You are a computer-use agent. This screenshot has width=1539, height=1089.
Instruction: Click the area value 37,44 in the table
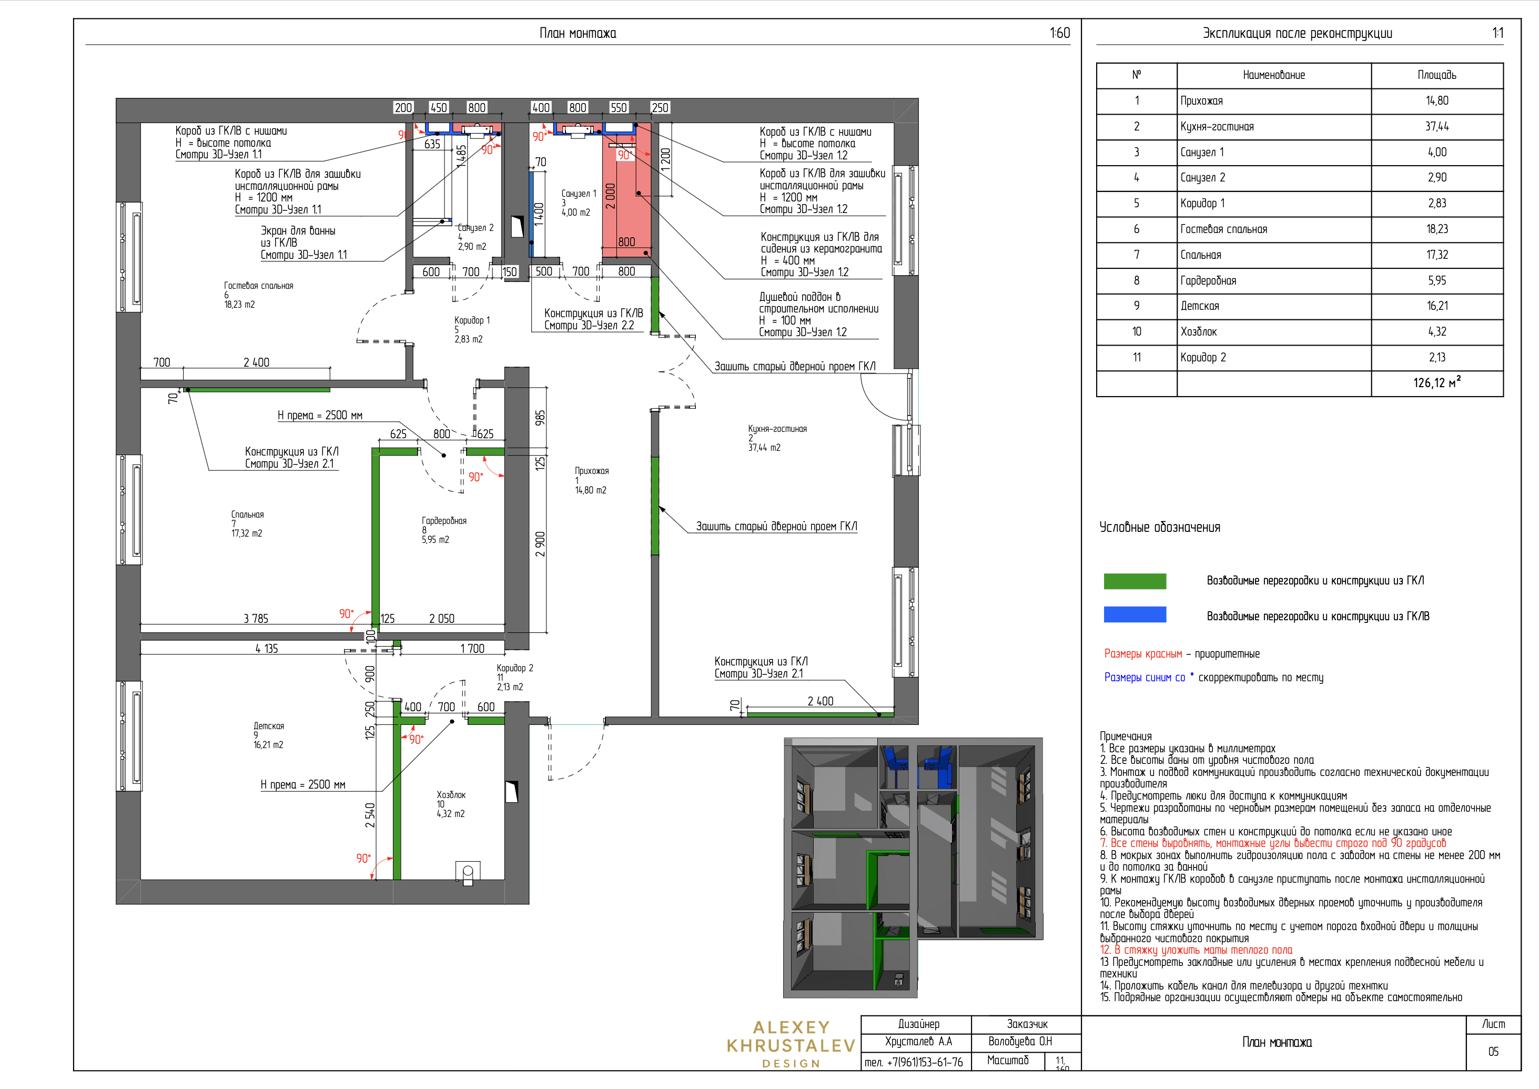click(x=1436, y=126)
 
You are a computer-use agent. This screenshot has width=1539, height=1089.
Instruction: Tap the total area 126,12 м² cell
click(x=1436, y=383)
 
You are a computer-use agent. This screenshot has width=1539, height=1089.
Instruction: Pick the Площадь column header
click(x=1436, y=75)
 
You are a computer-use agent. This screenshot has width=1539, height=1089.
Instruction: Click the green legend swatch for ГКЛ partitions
click(x=1135, y=581)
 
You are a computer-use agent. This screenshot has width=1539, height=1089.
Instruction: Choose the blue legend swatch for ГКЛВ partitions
click(x=1135, y=614)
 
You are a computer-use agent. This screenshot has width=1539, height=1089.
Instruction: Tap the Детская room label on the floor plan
click(x=269, y=725)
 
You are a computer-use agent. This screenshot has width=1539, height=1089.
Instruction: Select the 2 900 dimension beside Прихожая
click(x=540, y=544)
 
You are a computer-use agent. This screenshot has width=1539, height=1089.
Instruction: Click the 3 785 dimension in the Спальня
click(x=256, y=618)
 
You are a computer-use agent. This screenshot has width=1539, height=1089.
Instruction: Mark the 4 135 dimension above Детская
click(x=267, y=649)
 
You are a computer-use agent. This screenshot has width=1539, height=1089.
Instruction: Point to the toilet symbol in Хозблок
click(x=468, y=872)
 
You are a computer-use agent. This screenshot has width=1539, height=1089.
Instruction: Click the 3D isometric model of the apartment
click(x=913, y=867)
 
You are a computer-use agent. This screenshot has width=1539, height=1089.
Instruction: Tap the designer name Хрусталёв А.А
click(x=918, y=1042)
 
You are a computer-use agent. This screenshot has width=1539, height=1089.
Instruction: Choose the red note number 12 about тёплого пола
click(x=1196, y=950)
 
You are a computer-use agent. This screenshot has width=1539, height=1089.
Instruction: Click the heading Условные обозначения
click(x=1160, y=527)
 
